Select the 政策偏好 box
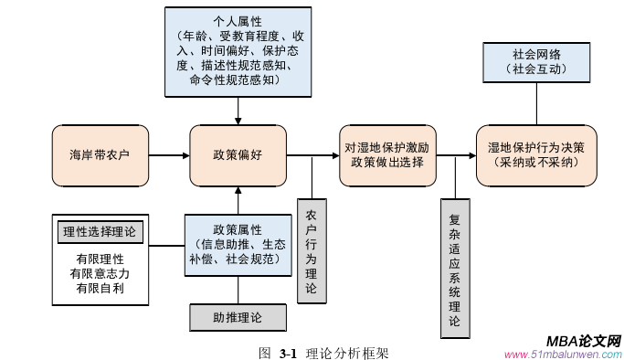point(238,154)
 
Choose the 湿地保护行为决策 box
point(536,154)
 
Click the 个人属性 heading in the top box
point(238,18)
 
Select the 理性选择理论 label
point(100,231)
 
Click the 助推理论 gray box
point(238,317)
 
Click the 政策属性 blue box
point(238,243)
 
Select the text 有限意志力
point(100,273)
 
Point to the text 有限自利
point(100,289)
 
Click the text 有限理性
point(100,259)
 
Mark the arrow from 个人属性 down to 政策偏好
point(238,110)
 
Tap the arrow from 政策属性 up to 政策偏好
point(238,199)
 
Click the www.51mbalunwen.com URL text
point(562,355)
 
